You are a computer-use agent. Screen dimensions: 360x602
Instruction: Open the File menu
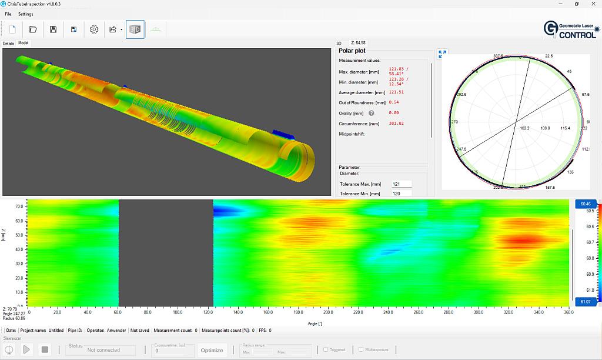pyautogui.click(x=8, y=14)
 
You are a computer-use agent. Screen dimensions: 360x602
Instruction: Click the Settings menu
pyautogui.click(x=26, y=14)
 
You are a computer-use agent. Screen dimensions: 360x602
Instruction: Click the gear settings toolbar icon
pyautogui.click(x=94, y=29)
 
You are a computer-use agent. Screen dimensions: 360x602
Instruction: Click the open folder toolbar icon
pyautogui.click(x=33, y=29)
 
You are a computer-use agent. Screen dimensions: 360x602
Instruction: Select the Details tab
pyautogui.click(x=8, y=43)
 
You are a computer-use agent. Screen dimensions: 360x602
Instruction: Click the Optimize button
pyautogui.click(x=212, y=350)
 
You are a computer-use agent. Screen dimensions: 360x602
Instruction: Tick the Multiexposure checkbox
pyautogui.click(x=361, y=349)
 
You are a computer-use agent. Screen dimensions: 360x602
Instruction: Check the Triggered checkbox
pyautogui.click(x=326, y=349)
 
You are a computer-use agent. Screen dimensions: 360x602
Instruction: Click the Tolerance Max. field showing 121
pyautogui.click(x=402, y=184)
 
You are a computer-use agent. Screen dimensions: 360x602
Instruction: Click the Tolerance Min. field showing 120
pyautogui.click(x=402, y=194)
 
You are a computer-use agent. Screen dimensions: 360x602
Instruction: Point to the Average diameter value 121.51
pyautogui.click(x=396, y=92)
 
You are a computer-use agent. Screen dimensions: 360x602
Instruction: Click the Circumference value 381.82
pyautogui.click(x=396, y=124)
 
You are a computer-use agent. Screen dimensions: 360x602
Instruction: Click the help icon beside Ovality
pyautogui.click(x=372, y=113)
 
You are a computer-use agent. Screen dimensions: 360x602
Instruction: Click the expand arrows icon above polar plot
pyautogui.click(x=443, y=54)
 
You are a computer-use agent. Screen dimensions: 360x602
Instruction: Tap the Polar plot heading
pyautogui.click(x=352, y=51)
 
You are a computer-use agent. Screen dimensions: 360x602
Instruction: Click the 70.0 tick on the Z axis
pyautogui.click(x=19, y=206)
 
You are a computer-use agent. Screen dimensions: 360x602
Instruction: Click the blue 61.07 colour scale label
pyautogui.click(x=585, y=302)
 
